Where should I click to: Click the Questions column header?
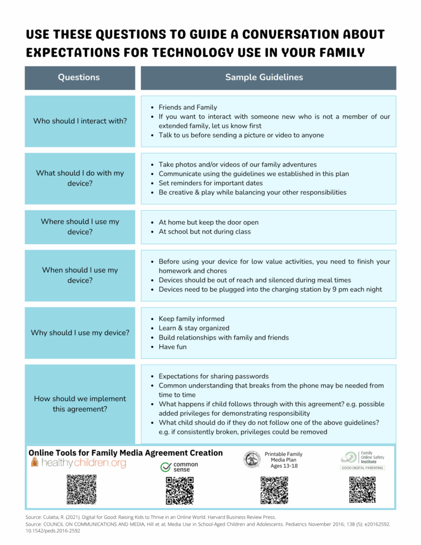coord(79,77)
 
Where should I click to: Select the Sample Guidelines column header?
coord(264,77)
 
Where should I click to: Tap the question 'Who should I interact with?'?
coord(80,121)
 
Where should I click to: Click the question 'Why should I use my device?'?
coord(80,333)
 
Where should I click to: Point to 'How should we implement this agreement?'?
coord(80,403)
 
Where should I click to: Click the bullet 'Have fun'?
coord(172,347)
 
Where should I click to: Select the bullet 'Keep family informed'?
coord(191,319)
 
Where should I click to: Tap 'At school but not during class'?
coord(204,232)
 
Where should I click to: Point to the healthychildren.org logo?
coord(78,463)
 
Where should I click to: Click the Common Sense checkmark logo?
coord(179,467)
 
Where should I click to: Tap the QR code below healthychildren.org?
coord(81,490)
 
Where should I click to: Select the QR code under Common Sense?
coord(179,491)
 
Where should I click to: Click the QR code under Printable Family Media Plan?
coord(274,490)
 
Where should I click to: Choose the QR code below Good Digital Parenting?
coord(362,490)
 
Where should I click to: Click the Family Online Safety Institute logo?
coord(362,460)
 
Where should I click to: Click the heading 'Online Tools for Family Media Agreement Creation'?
coord(125,452)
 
